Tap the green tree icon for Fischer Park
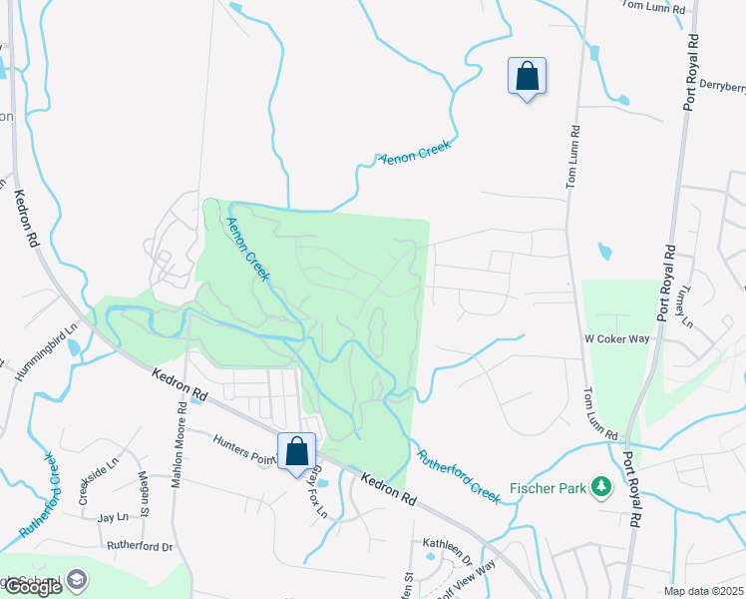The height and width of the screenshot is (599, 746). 600,487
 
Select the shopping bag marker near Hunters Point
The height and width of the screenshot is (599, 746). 297,451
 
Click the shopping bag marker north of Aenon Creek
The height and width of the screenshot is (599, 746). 527,76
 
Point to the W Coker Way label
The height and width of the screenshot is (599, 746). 618,338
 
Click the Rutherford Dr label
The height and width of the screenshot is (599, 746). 141,547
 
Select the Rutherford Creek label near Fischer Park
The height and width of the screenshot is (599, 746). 458,474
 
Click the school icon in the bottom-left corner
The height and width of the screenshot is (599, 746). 77,581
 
